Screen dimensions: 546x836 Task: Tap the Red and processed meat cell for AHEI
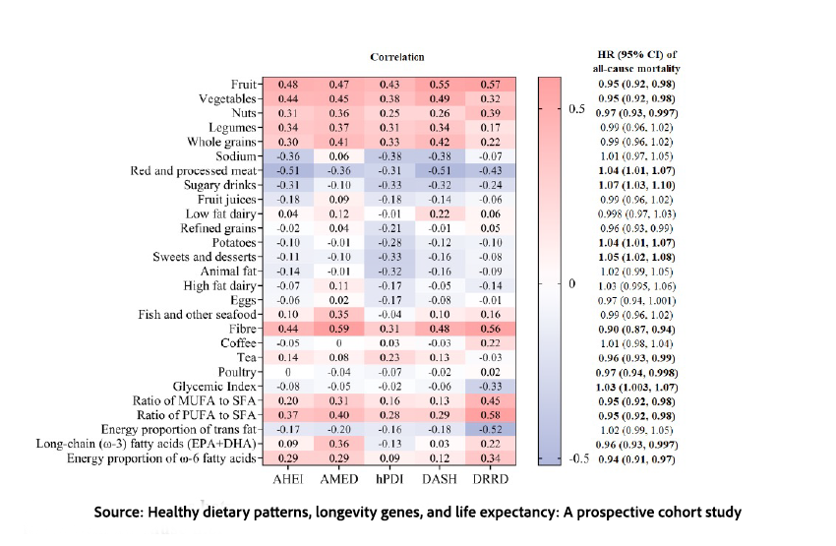click(287, 170)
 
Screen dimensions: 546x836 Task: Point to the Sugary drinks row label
click(217, 185)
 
